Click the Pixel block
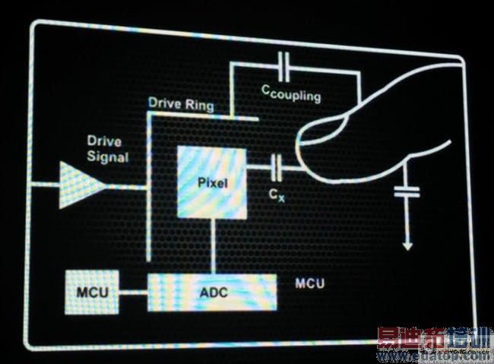tap(212, 182)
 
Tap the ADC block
tap(213, 292)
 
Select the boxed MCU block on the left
tap(92, 292)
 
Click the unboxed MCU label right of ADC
tap(310, 284)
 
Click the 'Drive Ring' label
tap(181, 103)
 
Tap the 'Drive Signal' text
tap(107, 150)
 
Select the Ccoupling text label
tap(291, 93)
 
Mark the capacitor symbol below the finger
tap(407, 195)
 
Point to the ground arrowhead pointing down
tap(407, 245)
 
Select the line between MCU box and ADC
tap(133, 292)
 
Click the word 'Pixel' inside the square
tap(212, 183)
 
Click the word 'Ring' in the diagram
tap(198, 103)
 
